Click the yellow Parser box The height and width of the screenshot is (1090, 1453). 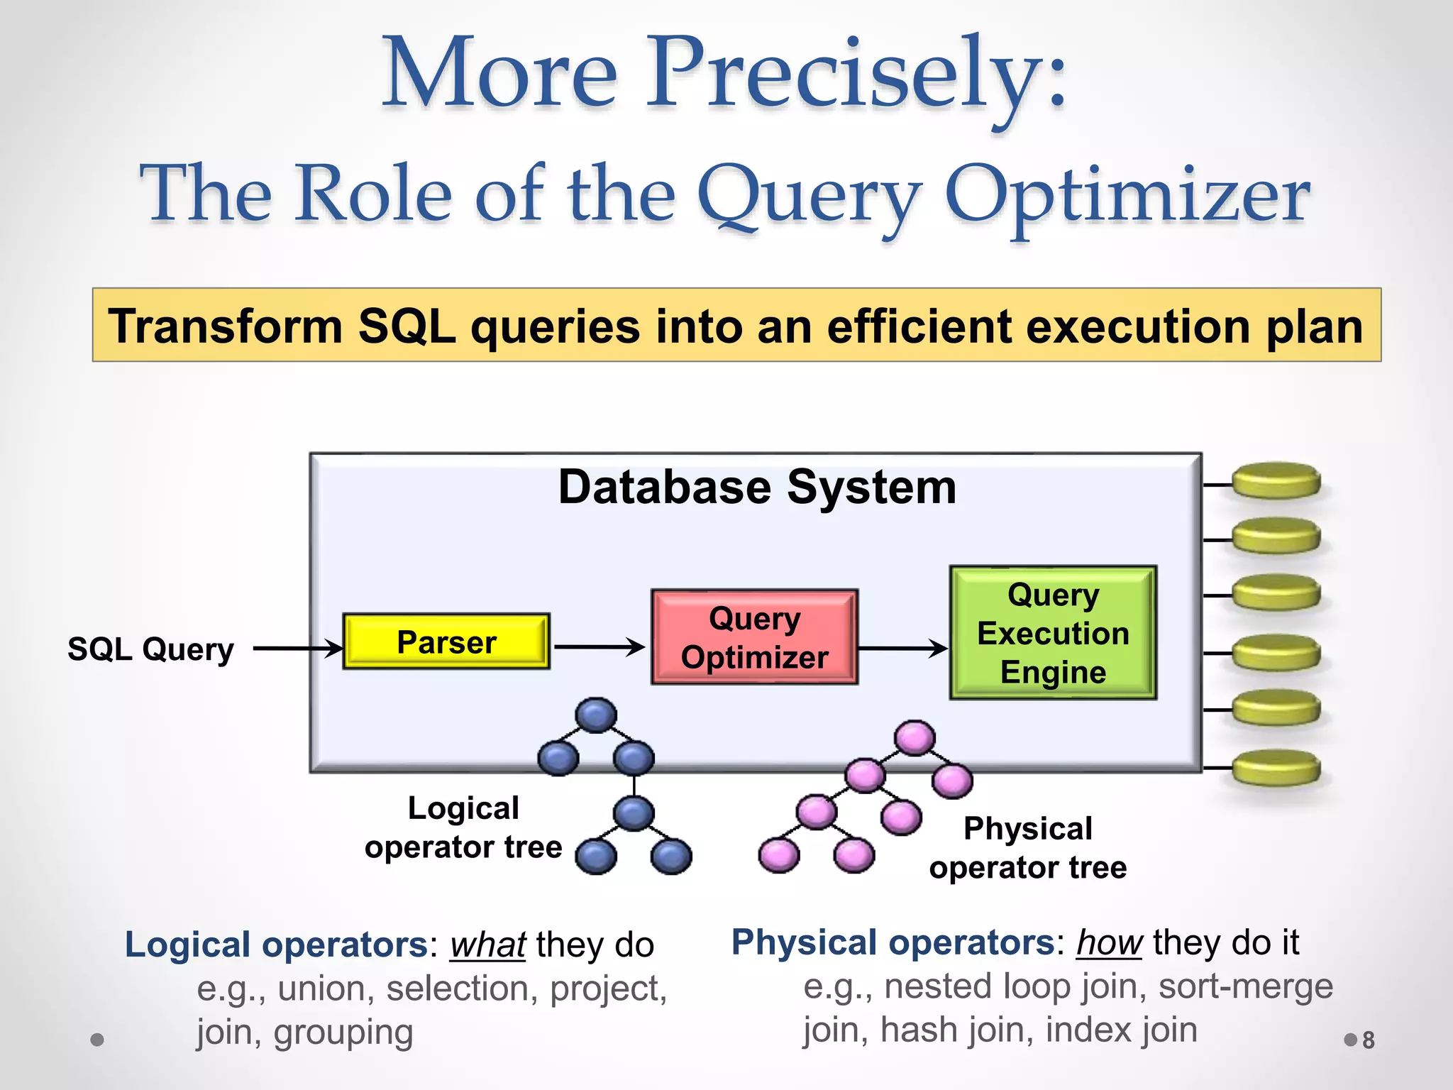446,642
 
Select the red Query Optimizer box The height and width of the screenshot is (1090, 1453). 754,637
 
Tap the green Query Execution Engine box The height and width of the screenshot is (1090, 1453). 1053,633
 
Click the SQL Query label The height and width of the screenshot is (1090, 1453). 150,649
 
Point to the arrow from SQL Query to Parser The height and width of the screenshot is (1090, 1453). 298,648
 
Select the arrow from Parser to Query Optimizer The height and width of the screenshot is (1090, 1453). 599,646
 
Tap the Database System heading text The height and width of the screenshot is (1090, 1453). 757,488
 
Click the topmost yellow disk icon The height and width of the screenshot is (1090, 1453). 1276,481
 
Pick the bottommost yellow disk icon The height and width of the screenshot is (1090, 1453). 1276,768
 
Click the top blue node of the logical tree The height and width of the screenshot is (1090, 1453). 596,715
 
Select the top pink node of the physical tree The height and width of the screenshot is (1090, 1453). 915,738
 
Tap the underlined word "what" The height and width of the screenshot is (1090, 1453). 487,945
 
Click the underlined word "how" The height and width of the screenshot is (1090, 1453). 1109,943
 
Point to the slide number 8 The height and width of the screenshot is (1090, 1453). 1368,1040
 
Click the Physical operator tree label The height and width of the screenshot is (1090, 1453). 1027,847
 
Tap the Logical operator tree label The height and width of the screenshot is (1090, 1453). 463,827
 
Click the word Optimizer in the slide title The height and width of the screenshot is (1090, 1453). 1127,195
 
